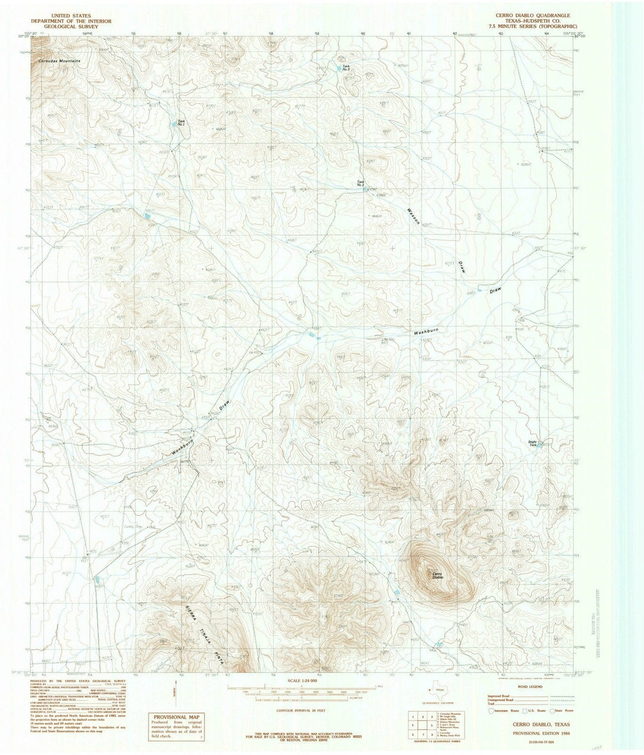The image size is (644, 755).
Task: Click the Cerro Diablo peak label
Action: pyautogui.click(x=438, y=575)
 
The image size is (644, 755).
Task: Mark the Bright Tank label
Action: pyautogui.click(x=532, y=443)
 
